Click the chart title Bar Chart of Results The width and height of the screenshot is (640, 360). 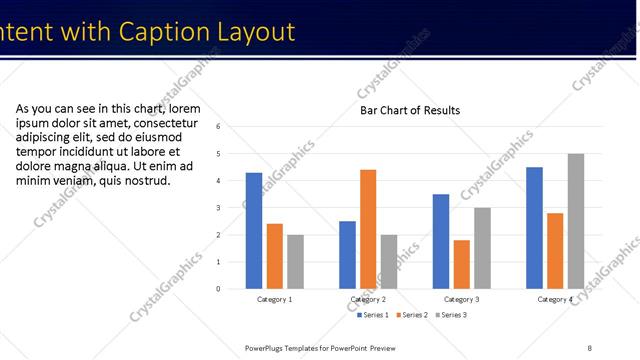click(x=410, y=110)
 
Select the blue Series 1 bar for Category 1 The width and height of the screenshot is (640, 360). click(x=254, y=231)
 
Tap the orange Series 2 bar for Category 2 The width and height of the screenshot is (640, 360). click(x=368, y=229)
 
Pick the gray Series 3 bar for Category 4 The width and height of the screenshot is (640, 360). click(x=576, y=221)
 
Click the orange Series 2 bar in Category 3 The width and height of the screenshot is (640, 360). click(x=461, y=264)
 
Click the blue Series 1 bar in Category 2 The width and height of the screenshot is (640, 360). click(x=347, y=255)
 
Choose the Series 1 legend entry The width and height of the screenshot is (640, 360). click(x=372, y=315)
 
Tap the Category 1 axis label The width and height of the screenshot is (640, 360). click(x=275, y=299)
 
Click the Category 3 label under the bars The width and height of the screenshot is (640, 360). click(x=461, y=299)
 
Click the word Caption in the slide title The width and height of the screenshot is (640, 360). click(x=164, y=32)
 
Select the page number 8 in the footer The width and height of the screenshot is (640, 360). click(x=590, y=348)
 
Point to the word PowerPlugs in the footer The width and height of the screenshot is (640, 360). click(x=268, y=348)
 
